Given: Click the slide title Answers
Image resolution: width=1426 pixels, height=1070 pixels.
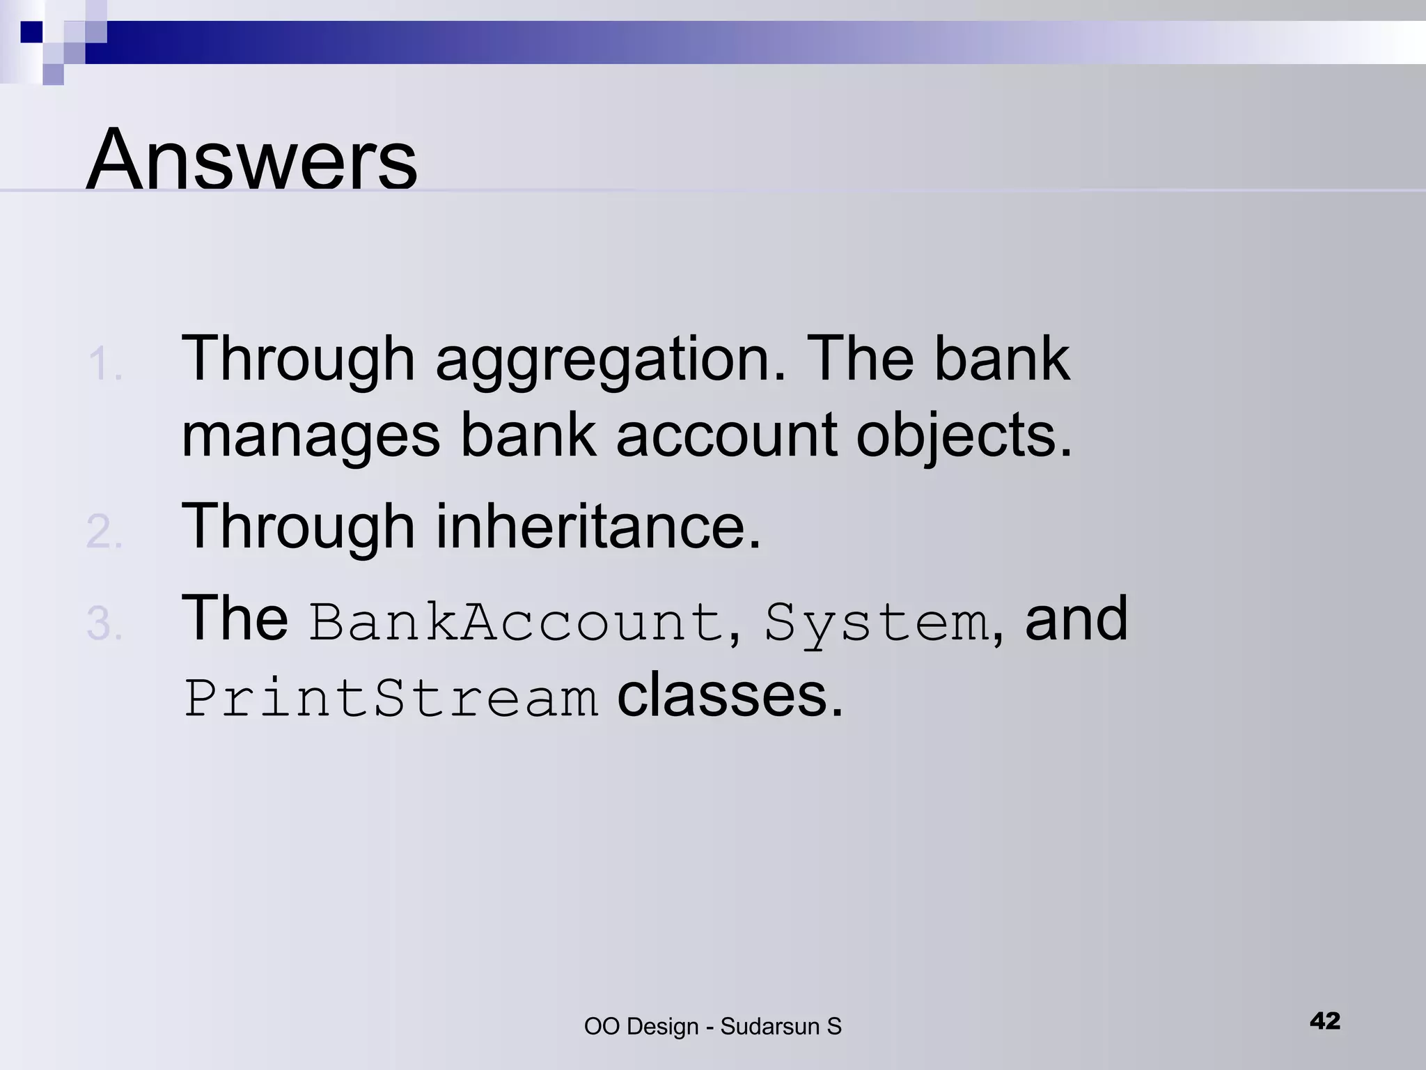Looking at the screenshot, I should (251, 160).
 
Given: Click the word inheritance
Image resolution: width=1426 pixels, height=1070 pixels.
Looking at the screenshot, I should (598, 527).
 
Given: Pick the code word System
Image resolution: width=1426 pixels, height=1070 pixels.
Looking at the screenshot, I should (877, 622).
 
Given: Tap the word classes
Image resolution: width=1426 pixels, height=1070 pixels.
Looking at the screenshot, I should (729, 696).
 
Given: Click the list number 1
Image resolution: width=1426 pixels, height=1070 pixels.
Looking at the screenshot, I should (104, 365).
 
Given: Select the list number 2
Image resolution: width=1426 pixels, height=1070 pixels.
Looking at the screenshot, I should (104, 532).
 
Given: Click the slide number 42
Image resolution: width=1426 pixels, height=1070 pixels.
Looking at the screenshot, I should (1324, 1021).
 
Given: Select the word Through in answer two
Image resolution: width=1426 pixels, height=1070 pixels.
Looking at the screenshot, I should (298, 527).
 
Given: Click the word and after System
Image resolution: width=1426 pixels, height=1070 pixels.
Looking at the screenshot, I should (1076, 619).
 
